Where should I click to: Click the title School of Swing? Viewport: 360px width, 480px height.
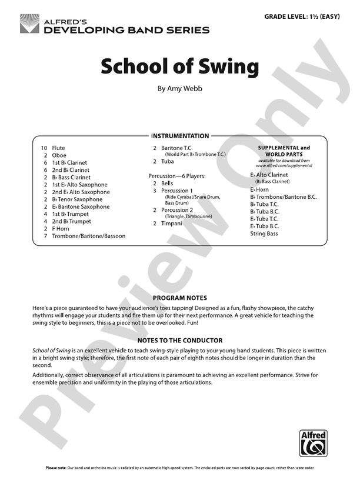pyautogui.click(x=179, y=66)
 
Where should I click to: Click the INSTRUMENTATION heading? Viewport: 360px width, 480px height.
pyautogui.click(x=180, y=136)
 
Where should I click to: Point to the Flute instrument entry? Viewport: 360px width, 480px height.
pyautogui.click(x=58, y=148)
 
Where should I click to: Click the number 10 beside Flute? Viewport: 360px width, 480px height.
pyautogui.click(x=44, y=148)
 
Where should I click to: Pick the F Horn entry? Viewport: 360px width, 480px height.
pyautogui.click(x=61, y=229)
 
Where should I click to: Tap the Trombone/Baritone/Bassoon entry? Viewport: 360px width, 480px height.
pyautogui.click(x=88, y=236)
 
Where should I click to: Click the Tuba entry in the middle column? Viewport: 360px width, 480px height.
pyautogui.click(x=168, y=161)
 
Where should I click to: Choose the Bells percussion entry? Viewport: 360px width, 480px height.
pyautogui.click(x=167, y=184)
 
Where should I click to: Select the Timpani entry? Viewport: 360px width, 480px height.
pyautogui.click(x=172, y=224)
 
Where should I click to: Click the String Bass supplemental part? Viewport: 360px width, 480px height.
pyautogui.click(x=264, y=234)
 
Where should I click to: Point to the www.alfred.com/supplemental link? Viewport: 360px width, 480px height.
pyautogui.click(x=284, y=165)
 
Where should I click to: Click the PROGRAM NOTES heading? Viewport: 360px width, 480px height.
pyautogui.click(x=179, y=298)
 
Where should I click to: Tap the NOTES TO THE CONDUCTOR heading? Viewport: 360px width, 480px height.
pyautogui.click(x=179, y=340)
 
